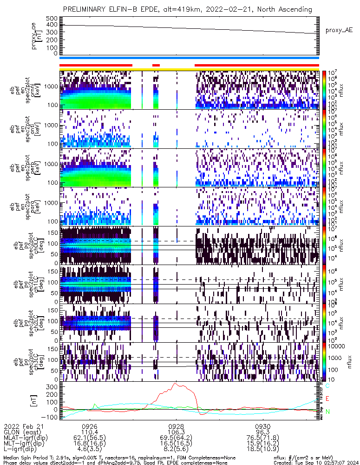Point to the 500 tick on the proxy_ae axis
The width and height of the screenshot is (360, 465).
coord(51,18)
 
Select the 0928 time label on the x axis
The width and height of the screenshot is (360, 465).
coord(177,426)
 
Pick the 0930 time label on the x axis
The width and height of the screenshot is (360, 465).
coord(263,426)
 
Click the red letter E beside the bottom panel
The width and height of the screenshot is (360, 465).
coord(327,399)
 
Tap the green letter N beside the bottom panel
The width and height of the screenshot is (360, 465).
coord(327,412)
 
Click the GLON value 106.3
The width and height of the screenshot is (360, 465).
coord(177,432)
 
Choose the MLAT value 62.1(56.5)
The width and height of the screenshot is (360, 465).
coord(89,438)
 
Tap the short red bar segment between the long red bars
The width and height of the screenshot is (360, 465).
coord(156,65)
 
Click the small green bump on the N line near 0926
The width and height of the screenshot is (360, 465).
coord(95,405)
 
